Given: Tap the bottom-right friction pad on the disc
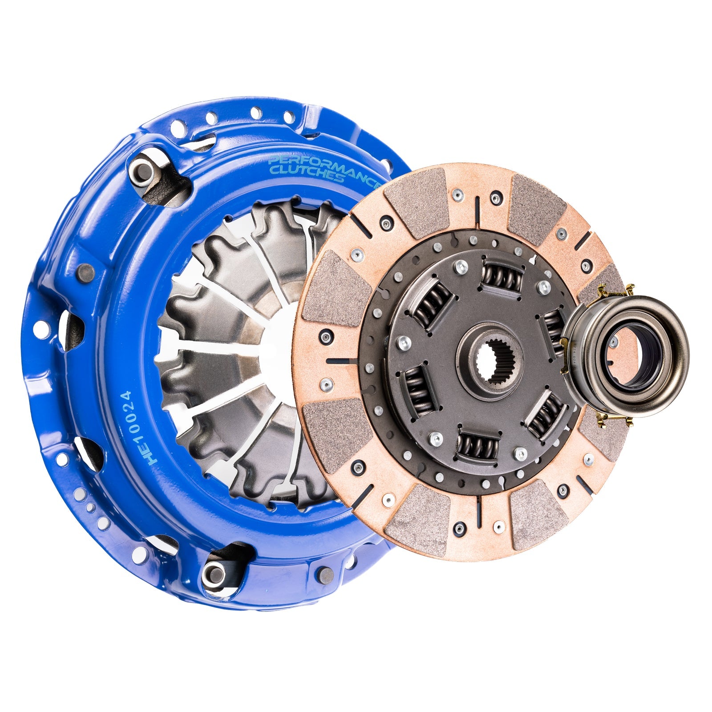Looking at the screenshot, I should tap(539, 514).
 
